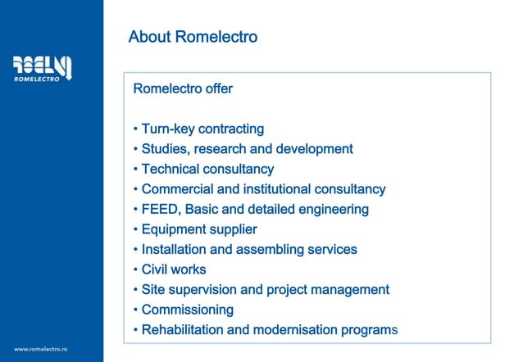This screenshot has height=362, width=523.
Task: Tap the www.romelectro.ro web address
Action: [x=40, y=349]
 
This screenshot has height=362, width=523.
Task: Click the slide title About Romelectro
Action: [x=193, y=37]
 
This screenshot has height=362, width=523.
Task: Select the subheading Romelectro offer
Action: [x=183, y=88]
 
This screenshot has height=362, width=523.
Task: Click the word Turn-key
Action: [x=169, y=129]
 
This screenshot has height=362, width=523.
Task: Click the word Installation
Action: [x=174, y=250]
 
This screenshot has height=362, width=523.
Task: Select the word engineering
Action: [x=330, y=210]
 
